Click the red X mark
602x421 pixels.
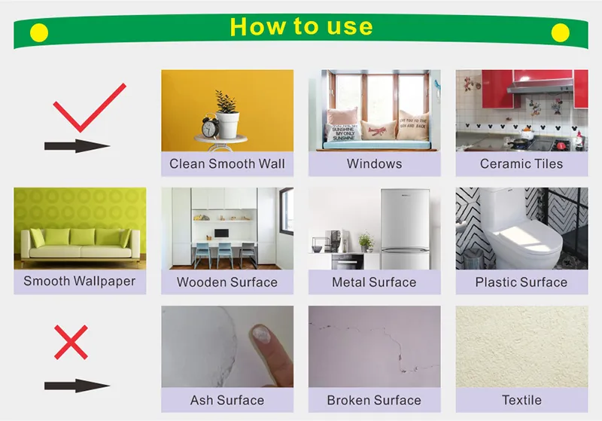point(71,342)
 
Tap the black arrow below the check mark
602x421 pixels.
point(77,146)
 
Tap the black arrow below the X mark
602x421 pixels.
point(77,386)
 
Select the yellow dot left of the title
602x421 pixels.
point(39,32)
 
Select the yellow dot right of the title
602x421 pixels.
point(560,32)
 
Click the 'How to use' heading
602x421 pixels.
point(301,26)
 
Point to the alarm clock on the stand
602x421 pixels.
point(210,127)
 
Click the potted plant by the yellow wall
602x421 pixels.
point(227,114)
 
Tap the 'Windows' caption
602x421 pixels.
point(374,163)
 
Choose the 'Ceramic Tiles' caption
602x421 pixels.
point(521,163)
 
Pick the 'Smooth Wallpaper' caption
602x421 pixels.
point(80,281)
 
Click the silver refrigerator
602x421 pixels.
point(405,229)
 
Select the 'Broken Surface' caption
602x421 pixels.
point(374,400)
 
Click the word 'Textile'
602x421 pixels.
point(521,400)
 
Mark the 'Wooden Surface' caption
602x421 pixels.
point(227,282)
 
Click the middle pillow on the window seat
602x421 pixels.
point(378,130)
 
